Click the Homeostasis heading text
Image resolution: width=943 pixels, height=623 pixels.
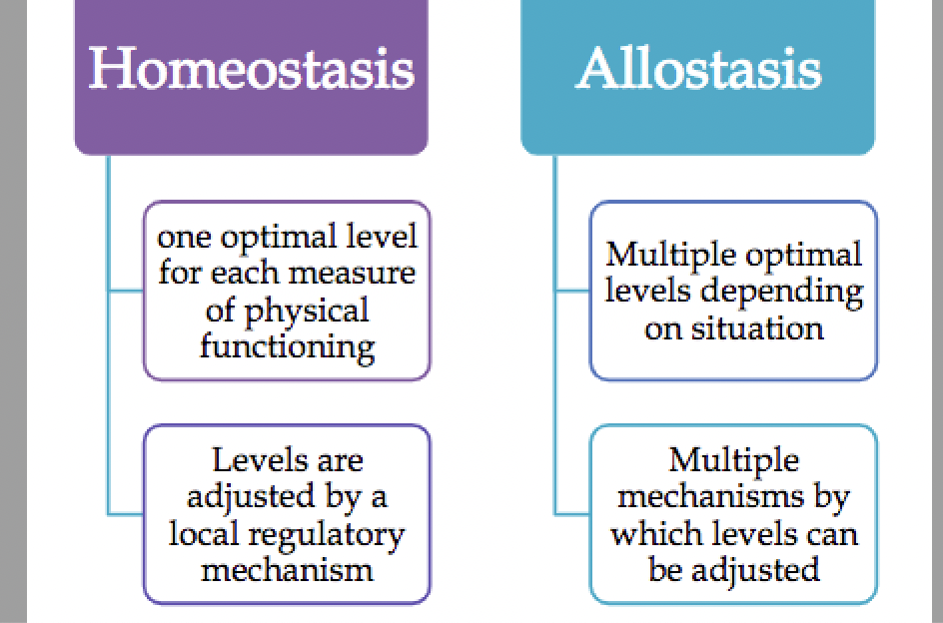251,69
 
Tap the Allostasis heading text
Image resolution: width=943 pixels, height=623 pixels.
698,69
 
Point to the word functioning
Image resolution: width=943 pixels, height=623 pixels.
287,346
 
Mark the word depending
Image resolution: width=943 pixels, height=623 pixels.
793,292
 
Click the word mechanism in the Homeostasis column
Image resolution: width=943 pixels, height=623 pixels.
287,569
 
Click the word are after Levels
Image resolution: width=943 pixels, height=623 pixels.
337,460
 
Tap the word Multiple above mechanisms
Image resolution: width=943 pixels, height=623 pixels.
734,460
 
